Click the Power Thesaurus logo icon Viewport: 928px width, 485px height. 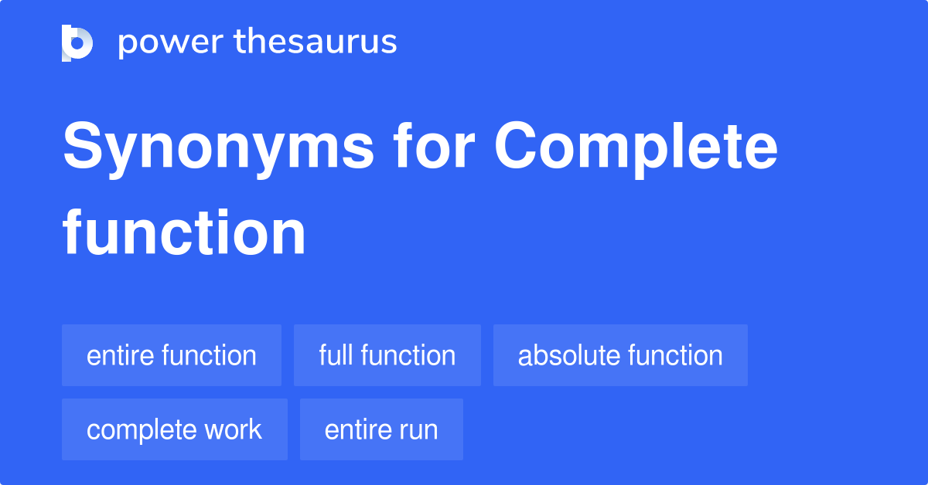click(x=77, y=43)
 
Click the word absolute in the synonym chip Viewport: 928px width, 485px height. click(x=568, y=356)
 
